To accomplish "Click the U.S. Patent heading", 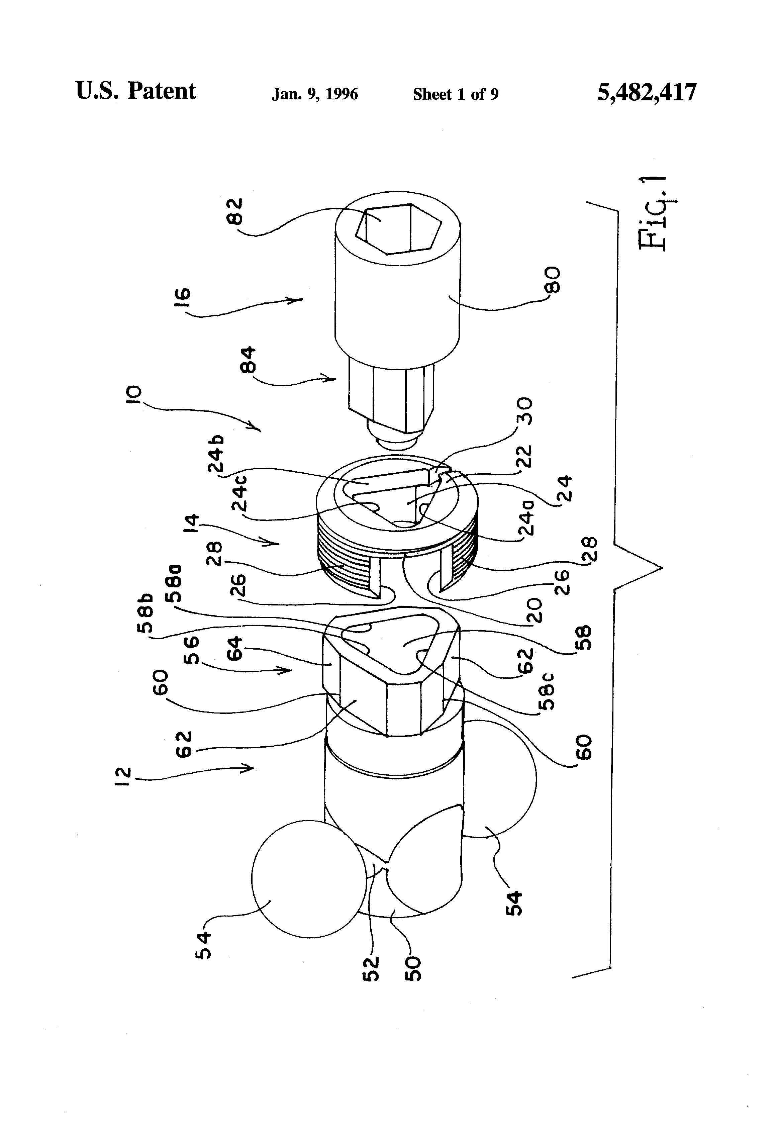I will (x=136, y=92).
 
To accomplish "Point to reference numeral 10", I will (x=133, y=395).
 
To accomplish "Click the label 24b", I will (x=216, y=454).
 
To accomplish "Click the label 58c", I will (x=549, y=692).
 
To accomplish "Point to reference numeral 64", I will (x=234, y=649).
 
